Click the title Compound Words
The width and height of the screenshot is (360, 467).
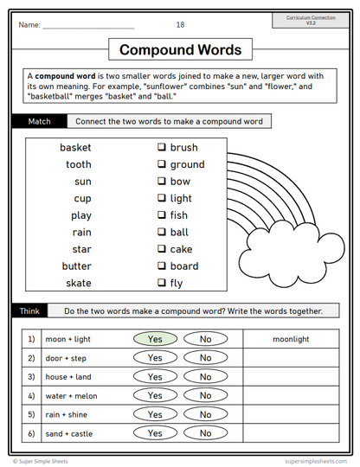coord(180,50)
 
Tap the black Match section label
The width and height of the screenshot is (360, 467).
coord(39,121)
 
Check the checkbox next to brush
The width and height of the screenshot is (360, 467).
coord(161,148)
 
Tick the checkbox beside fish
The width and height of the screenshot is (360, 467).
coord(161,215)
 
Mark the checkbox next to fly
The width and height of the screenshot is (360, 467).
coord(161,283)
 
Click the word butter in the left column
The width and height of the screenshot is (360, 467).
coord(76,266)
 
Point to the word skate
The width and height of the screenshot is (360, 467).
coord(78,283)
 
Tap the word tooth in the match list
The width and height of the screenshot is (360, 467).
coord(78,164)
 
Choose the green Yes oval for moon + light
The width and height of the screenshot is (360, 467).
coord(155,339)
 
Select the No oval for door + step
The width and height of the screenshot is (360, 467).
coord(205,358)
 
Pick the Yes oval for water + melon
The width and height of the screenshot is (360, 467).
coord(155,395)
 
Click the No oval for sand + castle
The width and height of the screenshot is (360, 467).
coord(205,433)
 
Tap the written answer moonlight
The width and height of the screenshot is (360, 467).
coord(290,339)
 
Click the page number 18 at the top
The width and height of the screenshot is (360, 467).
coord(180,25)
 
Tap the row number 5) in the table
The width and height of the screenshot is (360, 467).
coord(30,414)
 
